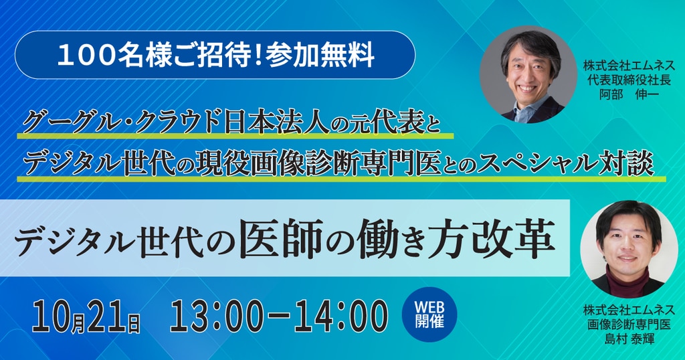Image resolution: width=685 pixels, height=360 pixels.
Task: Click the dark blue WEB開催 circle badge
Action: pos(429,314)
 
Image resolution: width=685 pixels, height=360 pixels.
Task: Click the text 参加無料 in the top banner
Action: pos(320,56)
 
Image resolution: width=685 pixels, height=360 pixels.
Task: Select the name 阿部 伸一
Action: pos(629,94)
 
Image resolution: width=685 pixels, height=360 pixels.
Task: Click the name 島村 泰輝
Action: pos(629,338)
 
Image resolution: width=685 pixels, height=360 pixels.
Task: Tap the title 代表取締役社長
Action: pos(629,80)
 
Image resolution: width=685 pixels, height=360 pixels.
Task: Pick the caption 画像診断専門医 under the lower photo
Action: pos(629,324)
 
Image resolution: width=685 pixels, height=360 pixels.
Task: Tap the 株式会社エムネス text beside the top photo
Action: pos(629,66)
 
